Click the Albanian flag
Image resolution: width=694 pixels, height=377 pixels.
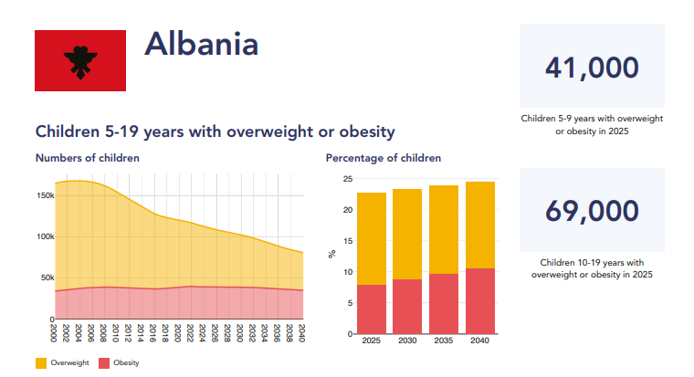(80, 60)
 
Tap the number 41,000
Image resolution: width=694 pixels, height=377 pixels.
(591, 68)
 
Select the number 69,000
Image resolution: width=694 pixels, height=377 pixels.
(591, 211)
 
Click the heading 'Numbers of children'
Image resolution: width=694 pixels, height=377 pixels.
(88, 158)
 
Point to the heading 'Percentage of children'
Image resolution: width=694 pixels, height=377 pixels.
(384, 158)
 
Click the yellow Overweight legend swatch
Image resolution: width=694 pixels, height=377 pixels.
(41, 363)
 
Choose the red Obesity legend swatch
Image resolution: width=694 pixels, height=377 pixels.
(104, 363)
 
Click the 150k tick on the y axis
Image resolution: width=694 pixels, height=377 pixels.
(44, 195)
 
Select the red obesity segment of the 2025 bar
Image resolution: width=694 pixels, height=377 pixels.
(372, 309)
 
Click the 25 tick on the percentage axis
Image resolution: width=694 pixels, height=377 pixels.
(347, 179)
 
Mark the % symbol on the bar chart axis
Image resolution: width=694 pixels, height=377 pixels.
(332, 255)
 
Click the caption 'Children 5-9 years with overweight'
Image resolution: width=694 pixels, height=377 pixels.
(591, 119)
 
